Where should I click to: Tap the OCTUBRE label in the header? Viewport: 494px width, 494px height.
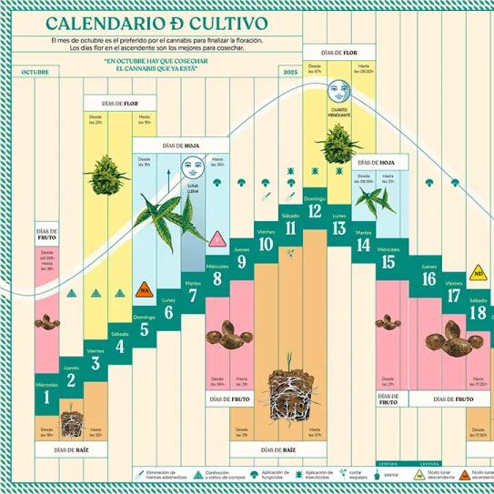[35, 71]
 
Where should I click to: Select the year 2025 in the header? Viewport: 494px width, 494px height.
[290, 71]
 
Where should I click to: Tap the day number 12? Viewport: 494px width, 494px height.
[315, 212]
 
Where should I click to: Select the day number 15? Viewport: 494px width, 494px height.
[388, 263]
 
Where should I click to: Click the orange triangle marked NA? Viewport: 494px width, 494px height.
[143, 290]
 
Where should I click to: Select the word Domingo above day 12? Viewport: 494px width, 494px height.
[315, 198]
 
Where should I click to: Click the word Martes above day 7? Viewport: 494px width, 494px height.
[192, 283]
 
